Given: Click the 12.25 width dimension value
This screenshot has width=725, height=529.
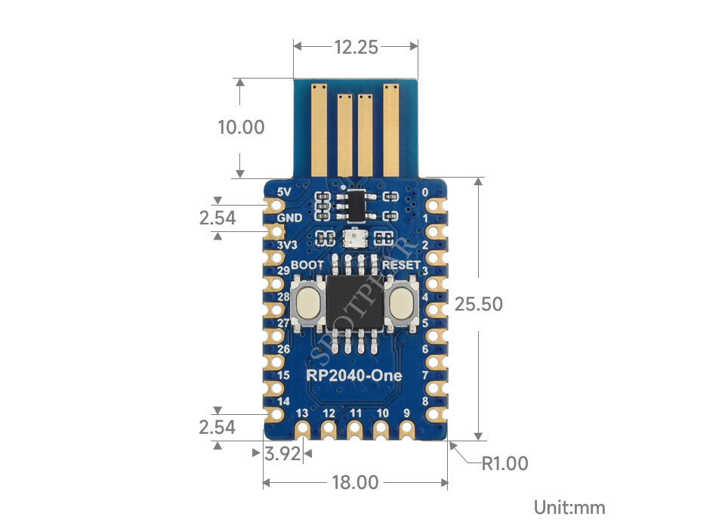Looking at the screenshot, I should [x=356, y=47].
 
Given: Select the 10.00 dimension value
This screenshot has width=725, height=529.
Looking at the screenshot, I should [x=241, y=127].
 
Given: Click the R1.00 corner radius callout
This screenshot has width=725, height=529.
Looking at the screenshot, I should [x=505, y=463].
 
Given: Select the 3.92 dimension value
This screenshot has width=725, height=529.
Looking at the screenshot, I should [x=282, y=454].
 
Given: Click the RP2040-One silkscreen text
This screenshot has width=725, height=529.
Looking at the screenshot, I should [x=354, y=375].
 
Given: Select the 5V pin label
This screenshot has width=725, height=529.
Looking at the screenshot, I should [x=285, y=192].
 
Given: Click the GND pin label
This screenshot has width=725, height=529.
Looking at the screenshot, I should [x=289, y=218].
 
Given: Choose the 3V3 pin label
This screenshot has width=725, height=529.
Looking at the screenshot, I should [x=286, y=246].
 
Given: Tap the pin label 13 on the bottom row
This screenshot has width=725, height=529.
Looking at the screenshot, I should [x=303, y=413].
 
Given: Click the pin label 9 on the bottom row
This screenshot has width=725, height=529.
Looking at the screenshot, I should [x=407, y=413].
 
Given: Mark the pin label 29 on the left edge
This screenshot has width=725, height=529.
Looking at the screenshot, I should [x=283, y=271].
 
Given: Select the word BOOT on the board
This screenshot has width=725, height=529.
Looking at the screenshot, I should [x=307, y=265].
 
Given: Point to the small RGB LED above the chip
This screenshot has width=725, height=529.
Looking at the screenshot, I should [x=353, y=239].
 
